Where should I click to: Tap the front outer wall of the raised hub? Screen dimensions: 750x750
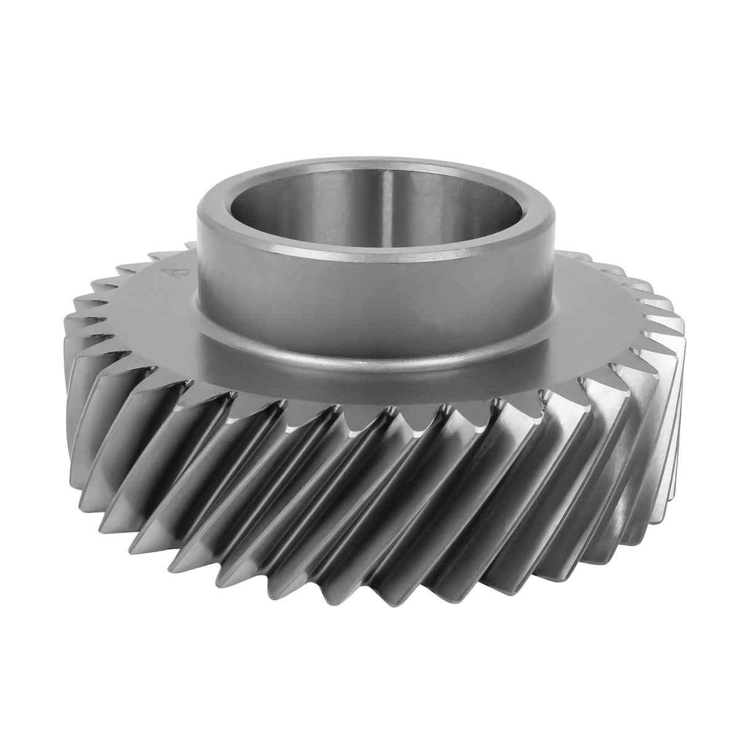pos(377,309)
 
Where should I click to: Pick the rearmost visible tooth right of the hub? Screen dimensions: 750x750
pos(581,252)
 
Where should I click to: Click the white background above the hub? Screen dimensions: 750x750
pos(377,74)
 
